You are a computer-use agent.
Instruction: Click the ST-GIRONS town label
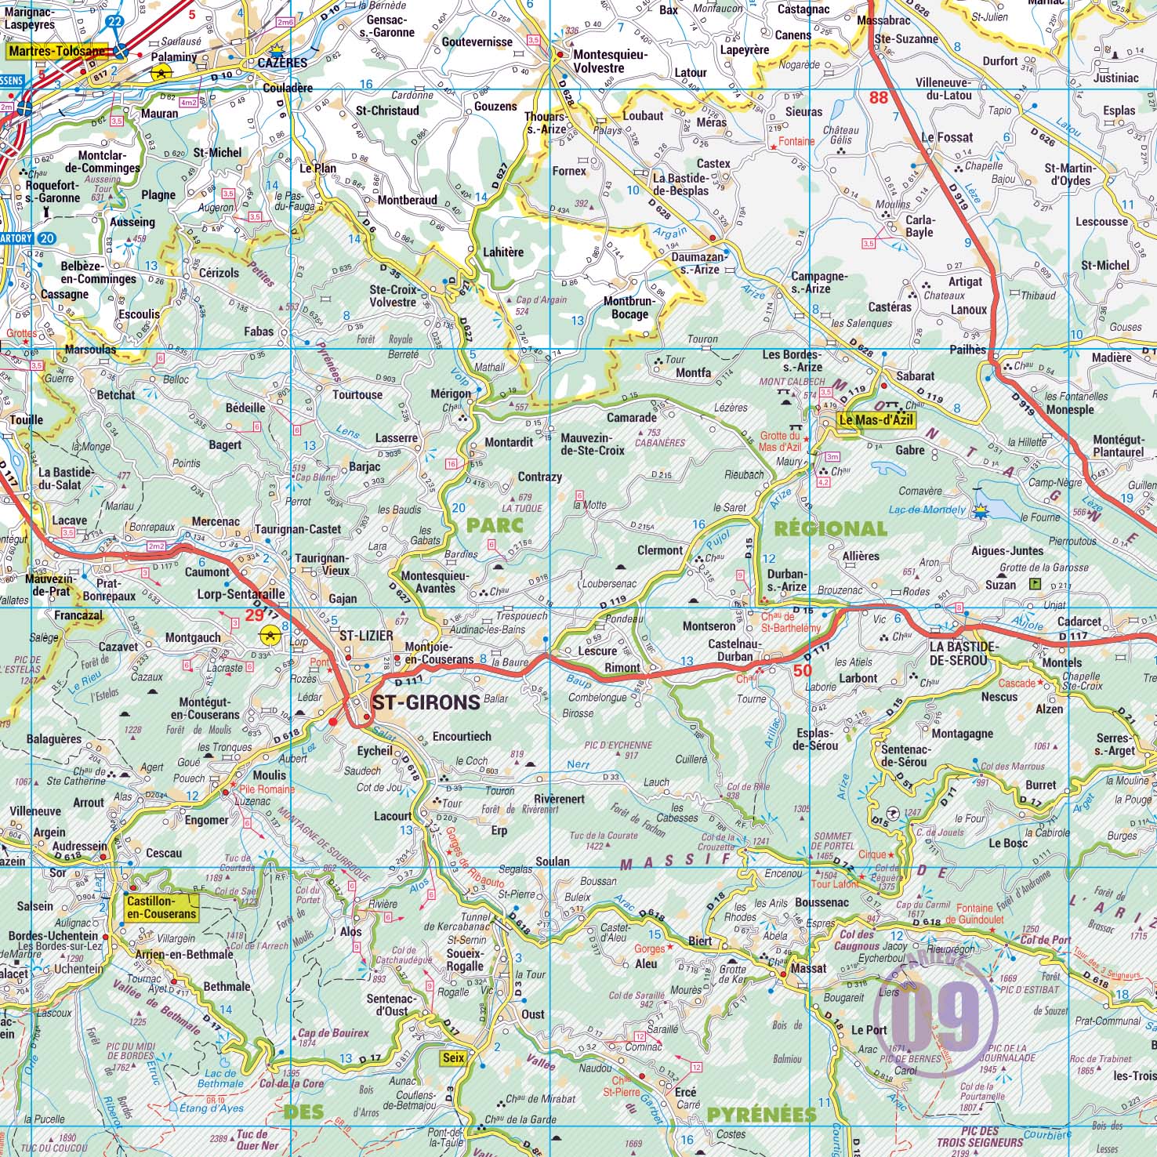[426, 702]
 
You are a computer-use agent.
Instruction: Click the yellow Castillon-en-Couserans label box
[161, 908]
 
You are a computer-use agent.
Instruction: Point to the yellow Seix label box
[453, 1057]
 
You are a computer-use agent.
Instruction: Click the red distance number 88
[879, 97]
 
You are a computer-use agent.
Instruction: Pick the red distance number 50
[802, 670]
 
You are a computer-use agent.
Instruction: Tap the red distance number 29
[255, 615]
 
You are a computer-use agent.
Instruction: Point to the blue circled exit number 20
[47, 238]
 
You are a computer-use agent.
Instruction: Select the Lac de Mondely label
[927, 510]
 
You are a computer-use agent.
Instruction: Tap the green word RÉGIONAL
[830, 529]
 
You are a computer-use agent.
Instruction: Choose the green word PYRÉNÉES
[761, 1114]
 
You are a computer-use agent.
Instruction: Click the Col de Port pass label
[1045, 939]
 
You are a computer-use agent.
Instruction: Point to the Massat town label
[808, 968]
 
